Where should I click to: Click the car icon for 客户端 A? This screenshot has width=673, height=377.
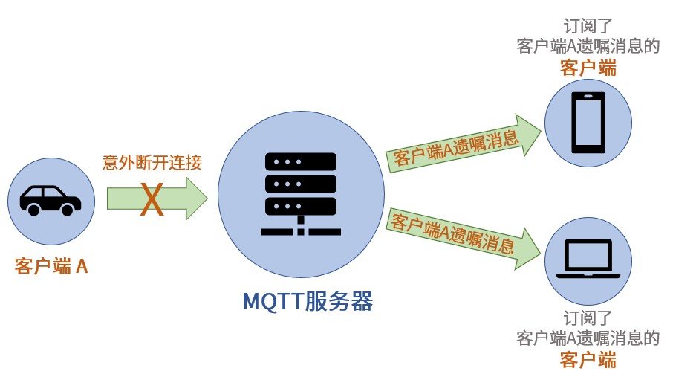[x=51, y=200]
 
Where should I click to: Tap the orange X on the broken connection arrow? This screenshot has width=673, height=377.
[x=152, y=199]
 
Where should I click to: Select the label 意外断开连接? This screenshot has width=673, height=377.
[x=152, y=163]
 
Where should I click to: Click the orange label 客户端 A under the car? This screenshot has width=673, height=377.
[x=51, y=266]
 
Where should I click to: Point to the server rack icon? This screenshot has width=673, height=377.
[x=300, y=194]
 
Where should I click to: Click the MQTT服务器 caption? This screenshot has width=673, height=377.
[x=308, y=301]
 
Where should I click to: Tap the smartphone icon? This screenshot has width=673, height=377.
[x=588, y=123]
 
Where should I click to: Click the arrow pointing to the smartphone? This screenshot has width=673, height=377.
[x=464, y=144]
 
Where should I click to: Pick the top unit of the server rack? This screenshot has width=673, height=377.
[x=300, y=161]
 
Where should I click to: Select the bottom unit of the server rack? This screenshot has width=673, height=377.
[x=300, y=206]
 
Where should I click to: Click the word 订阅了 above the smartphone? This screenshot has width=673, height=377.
[x=588, y=26]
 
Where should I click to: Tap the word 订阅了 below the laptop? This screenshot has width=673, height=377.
[x=588, y=318]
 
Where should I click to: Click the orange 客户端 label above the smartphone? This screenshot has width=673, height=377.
[x=588, y=68]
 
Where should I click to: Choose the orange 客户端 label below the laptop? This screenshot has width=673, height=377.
[x=588, y=360]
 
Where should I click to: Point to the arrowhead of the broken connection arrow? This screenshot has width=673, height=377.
[x=197, y=199]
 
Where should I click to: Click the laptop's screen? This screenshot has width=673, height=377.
[x=588, y=255]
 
